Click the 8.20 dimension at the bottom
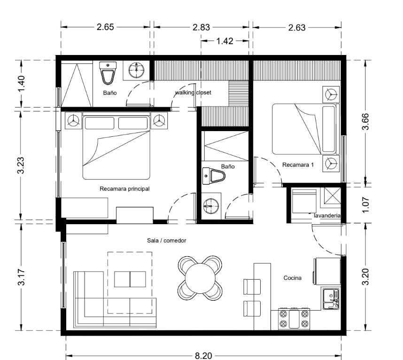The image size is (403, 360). tap(203, 356)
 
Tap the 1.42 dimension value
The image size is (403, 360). tap(225, 41)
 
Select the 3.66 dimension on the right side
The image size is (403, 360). tap(365, 121)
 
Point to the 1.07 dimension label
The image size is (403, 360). tap(365, 205)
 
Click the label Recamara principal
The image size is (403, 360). tap(124, 189)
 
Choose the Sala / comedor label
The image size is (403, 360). tap(167, 241)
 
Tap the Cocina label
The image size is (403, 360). tap(293, 278)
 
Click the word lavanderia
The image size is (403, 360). tap(327, 216)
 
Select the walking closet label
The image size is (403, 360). tap(193, 93)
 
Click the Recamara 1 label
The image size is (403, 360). tap(298, 165)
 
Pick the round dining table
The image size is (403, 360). tap(200, 278)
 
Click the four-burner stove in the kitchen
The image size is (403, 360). tap(294, 319)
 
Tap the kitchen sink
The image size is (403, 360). tap(331, 299)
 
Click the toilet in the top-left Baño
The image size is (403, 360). tap(108, 73)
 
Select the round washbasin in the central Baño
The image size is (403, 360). tap(211, 206)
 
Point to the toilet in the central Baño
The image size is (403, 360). tap(214, 176)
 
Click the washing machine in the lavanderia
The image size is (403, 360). tap(304, 201)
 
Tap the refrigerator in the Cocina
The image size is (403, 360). tap(327, 271)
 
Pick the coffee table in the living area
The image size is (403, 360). tap(130, 279)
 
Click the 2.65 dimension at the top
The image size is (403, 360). tap(105, 27)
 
